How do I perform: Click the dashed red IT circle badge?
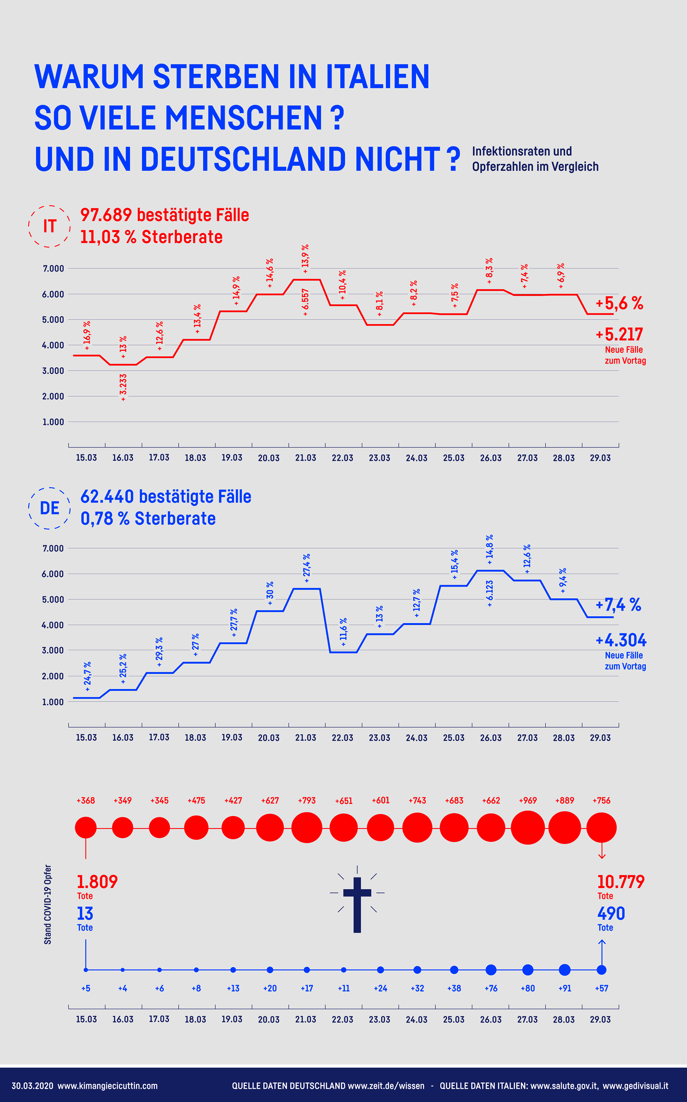click(x=49, y=226)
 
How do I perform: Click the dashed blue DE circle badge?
click(x=49, y=508)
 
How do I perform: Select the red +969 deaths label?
click(x=527, y=800)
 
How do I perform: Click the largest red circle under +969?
click(x=527, y=827)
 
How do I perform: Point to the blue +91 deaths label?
click(x=564, y=989)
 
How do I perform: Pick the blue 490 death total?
click(x=611, y=913)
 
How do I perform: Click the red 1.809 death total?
click(x=97, y=882)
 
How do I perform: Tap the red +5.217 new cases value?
click(x=619, y=334)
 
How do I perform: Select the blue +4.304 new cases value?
click(x=621, y=640)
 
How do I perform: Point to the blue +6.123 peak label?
click(x=489, y=593)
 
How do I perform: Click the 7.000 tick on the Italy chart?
click(x=53, y=268)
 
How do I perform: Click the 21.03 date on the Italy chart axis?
click(x=305, y=458)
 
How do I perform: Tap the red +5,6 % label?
click(x=619, y=303)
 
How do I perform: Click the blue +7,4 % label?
click(x=618, y=605)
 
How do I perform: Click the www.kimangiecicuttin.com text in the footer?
click(x=107, y=1086)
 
